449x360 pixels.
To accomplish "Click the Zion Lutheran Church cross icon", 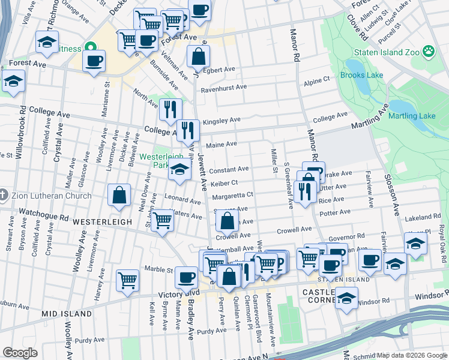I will (x=4, y=196).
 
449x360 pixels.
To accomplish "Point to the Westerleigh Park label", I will (x=160, y=160).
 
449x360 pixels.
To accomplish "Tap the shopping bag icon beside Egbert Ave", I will (x=198, y=57).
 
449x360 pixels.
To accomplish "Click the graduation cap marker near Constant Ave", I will (x=179, y=170).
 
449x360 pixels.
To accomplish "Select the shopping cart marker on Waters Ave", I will (x=161, y=221).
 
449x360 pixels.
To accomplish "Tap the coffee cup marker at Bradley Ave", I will (x=187, y=278).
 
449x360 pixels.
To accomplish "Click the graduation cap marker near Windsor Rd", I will (x=346, y=298).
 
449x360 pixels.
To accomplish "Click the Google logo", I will (x=20, y=352).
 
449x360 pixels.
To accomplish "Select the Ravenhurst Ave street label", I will (x=224, y=87).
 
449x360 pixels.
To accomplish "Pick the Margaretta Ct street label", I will (x=232, y=195).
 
